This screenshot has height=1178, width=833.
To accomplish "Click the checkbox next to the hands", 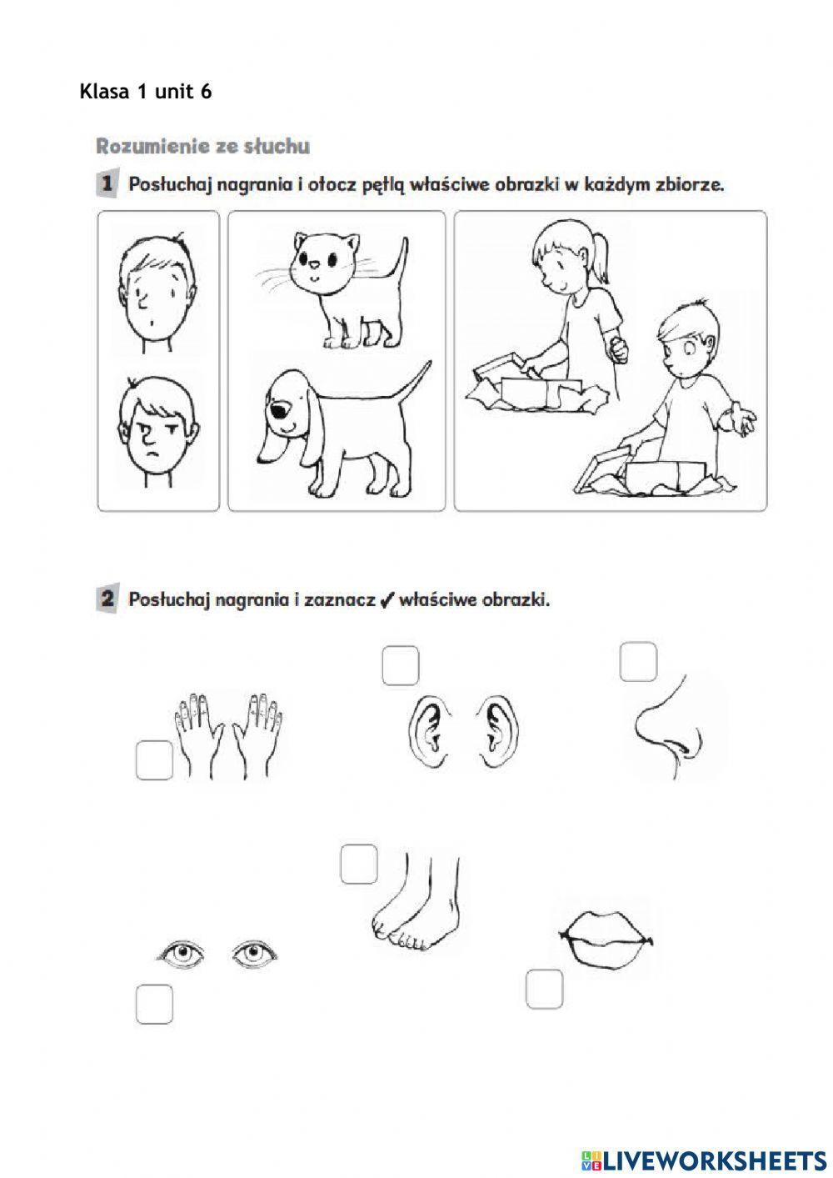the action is (x=154, y=760).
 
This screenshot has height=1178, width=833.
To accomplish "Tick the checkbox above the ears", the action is (x=401, y=666).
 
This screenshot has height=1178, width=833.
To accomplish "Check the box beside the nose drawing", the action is (x=639, y=662).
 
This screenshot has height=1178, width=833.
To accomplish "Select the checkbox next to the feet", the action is (x=359, y=864).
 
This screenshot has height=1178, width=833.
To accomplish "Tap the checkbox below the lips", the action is (x=545, y=989).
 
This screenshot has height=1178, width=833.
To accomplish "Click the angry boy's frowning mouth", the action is (x=153, y=454).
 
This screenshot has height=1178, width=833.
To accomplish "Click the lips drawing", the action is (x=606, y=939).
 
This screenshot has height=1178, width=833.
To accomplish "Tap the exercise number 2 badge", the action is (x=107, y=599).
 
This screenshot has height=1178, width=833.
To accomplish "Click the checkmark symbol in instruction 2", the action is (x=385, y=600).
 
